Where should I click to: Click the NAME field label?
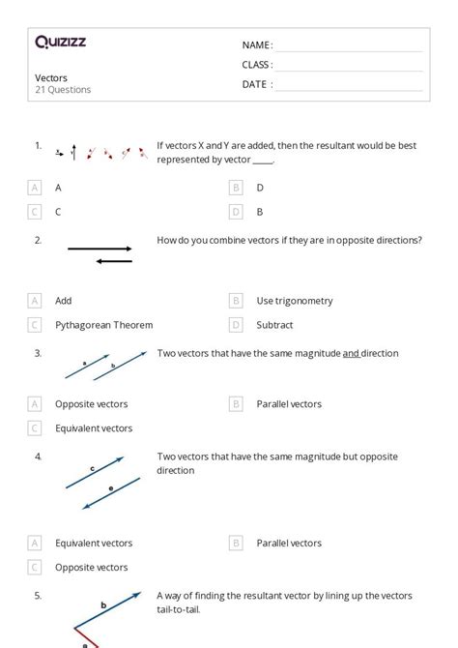click(256, 45)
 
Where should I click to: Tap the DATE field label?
click(256, 84)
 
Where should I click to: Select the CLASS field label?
click(257, 65)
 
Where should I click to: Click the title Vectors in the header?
click(51, 77)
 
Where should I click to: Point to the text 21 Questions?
click(63, 90)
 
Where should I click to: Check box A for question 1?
click(35, 188)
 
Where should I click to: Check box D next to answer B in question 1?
click(236, 212)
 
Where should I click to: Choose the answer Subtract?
click(274, 325)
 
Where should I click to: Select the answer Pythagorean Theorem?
click(103, 325)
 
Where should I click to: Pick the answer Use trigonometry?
click(295, 301)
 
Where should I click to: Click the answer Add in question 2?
click(64, 301)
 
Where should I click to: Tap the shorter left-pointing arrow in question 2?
click(115, 260)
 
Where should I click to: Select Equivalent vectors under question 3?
click(94, 428)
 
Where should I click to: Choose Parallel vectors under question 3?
click(289, 404)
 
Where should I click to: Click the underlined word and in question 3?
click(351, 354)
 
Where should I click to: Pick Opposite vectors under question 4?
click(91, 568)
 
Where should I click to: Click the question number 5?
click(38, 596)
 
